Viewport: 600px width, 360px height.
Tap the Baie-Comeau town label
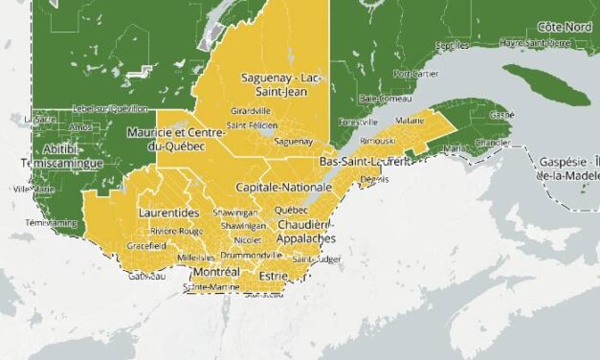tap(380, 99)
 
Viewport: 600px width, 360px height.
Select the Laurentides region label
tap(168, 212)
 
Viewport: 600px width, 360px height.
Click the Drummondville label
tap(251, 256)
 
